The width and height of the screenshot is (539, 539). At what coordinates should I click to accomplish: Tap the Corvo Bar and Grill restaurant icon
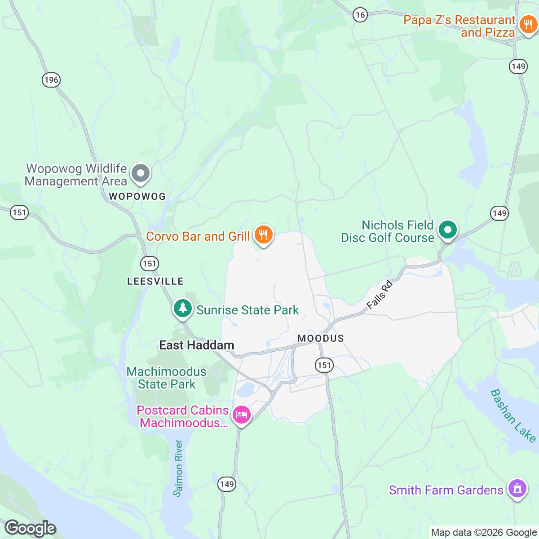coord(263,234)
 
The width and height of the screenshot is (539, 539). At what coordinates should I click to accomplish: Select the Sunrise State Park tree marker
coord(182,309)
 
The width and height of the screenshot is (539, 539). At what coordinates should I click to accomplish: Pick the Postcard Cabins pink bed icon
coord(242,414)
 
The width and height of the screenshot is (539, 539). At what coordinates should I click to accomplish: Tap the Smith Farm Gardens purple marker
coord(517,488)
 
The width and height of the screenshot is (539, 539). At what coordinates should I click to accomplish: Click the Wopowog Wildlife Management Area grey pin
coord(141,173)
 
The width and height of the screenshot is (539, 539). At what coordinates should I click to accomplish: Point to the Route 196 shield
coord(51,80)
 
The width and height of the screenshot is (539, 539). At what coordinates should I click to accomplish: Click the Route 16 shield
coord(360,15)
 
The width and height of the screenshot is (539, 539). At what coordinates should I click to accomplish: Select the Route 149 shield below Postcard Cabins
coord(227,484)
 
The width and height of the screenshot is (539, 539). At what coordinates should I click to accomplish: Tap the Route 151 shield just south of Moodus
coord(324,365)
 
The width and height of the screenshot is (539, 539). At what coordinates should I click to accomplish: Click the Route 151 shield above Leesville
coord(149,263)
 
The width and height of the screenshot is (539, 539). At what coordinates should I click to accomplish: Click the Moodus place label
coord(320,338)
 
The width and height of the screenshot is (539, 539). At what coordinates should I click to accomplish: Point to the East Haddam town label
coord(197,345)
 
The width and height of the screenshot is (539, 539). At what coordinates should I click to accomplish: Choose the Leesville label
coord(155,281)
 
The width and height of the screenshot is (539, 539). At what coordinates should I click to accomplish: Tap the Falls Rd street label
coord(380,295)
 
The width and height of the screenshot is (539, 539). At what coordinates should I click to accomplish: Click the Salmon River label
coord(178,468)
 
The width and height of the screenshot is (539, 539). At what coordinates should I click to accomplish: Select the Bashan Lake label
coord(512,415)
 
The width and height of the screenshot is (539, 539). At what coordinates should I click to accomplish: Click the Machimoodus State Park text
coord(167,378)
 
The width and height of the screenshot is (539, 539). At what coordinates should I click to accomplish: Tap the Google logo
coord(30,528)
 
